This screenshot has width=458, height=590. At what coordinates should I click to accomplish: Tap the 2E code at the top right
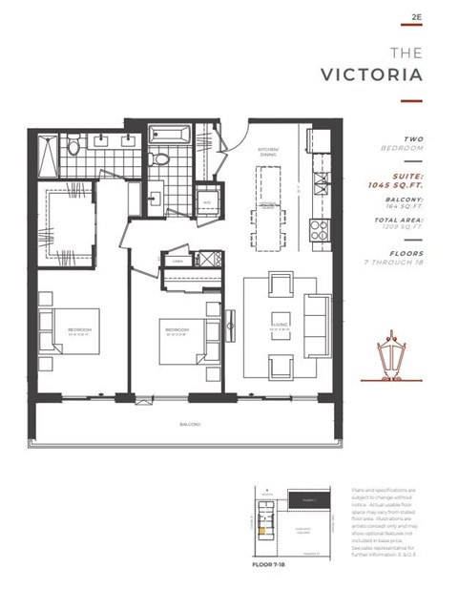[416, 17]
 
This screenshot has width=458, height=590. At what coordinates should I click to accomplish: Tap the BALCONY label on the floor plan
[187, 424]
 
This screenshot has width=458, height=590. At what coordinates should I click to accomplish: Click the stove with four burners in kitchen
[319, 228]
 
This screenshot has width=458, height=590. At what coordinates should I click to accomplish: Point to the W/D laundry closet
[206, 202]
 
